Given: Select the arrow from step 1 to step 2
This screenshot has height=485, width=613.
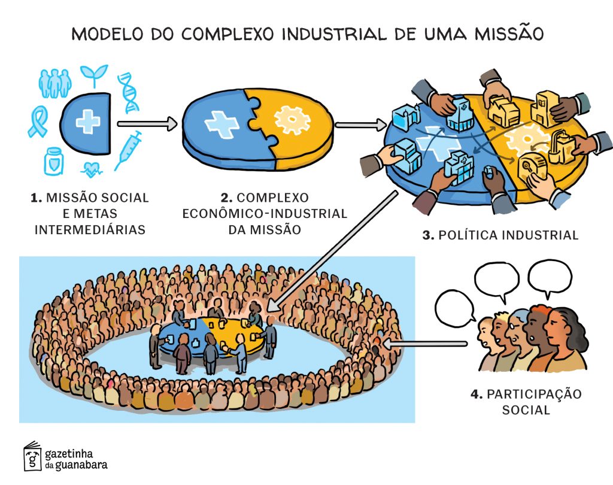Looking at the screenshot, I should coord(147,124).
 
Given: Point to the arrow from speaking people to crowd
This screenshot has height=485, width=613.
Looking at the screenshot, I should coord(425,344).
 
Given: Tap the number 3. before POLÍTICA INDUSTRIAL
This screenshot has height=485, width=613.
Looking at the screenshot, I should coord(428,235).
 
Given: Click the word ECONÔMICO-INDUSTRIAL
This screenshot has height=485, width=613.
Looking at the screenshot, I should coord(264,213).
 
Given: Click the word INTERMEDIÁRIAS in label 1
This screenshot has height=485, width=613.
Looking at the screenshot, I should coord(90,229).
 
